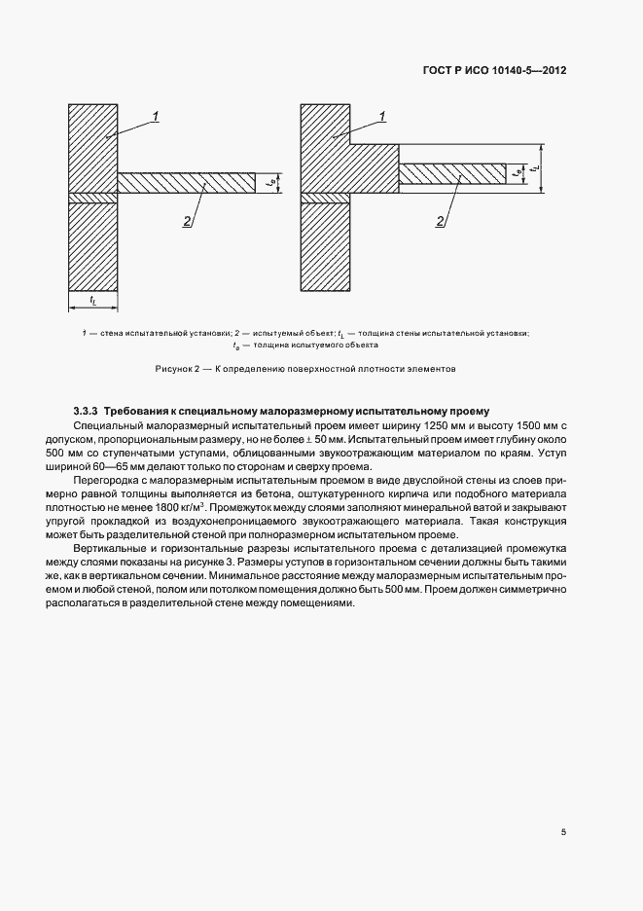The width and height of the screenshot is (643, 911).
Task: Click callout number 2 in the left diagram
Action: (186, 222)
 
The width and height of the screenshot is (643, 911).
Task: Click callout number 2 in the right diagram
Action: (440, 222)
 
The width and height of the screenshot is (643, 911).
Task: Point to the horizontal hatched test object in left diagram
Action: (185, 182)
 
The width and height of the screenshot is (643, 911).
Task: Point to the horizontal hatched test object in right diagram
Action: (451, 173)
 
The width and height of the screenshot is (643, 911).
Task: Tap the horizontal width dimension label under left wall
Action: (92, 300)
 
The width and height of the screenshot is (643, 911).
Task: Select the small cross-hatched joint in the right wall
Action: (325, 199)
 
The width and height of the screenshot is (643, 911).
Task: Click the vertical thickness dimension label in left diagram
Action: (271, 182)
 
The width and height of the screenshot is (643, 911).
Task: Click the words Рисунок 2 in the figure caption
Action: (178, 370)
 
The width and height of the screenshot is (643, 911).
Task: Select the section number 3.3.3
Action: (87, 412)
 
